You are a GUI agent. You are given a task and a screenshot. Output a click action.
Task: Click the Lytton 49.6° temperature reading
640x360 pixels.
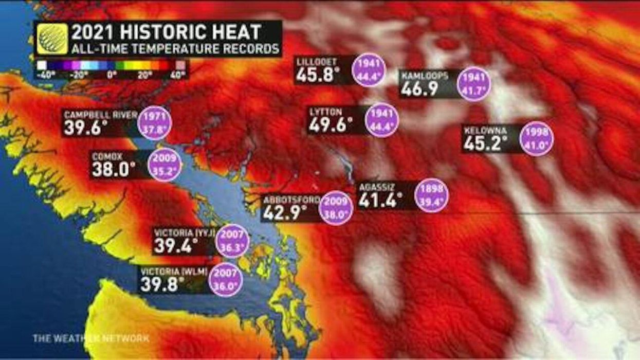click(x=331, y=125)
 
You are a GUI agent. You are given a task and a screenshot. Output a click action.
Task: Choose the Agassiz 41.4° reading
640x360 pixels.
click(x=380, y=200)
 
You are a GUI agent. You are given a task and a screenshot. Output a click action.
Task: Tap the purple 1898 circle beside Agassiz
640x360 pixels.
click(x=432, y=195)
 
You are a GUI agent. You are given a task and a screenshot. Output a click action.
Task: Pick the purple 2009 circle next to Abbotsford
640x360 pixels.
click(x=336, y=207)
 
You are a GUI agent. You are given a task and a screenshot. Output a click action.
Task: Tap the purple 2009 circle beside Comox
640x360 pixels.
click(x=164, y=164)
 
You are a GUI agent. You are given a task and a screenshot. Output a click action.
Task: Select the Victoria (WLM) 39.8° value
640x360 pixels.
click(x=162, y=284)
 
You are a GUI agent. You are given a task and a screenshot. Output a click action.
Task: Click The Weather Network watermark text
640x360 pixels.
click(x=91, y=338)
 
